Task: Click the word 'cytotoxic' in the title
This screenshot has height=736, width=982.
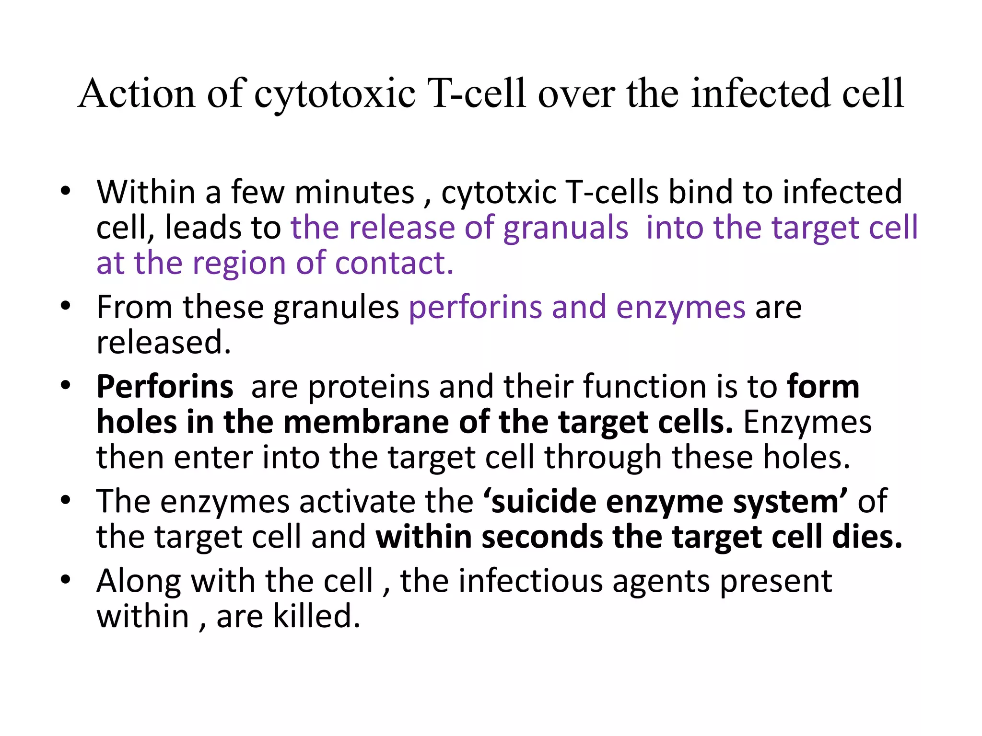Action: (334, 94)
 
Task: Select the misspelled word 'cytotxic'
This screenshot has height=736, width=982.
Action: (498, 193)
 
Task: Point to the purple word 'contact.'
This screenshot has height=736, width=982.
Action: (394, 263)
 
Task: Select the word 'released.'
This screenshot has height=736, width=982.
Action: (164, 343)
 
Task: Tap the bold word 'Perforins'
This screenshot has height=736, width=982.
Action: (165, 387)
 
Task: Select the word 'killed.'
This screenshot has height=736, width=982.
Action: (316, 617)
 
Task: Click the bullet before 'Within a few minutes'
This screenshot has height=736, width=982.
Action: (66, 192)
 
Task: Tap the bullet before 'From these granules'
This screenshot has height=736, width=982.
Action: (66, 307)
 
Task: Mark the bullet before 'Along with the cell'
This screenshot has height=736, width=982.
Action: (66, 580)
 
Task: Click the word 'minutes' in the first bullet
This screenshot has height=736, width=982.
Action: (354, 193)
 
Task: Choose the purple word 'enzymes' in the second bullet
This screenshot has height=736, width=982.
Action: (681, 308)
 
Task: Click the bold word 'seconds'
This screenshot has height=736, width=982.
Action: (542, 537)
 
